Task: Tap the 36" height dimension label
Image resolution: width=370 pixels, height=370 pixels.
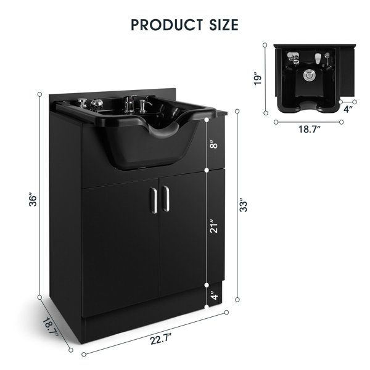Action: click(36, 201)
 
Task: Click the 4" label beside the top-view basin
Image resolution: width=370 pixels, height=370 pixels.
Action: click(348, 109)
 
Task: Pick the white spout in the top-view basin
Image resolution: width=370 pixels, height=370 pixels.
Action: click(319, 60)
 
